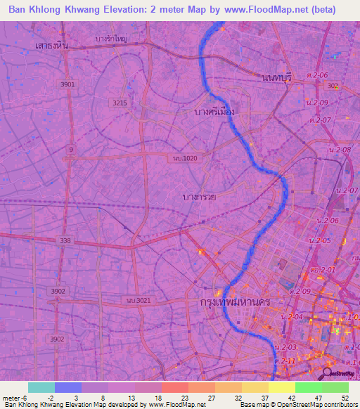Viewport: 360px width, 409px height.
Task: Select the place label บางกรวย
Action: (x=198, y=197)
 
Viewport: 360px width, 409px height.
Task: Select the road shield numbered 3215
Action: (x=120, y=103)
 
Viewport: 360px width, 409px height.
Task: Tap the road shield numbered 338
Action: (x=65, y=240)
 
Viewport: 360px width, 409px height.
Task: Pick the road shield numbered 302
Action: (x=333, y=85)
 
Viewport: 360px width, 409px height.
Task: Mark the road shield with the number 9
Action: (x=70, y=149)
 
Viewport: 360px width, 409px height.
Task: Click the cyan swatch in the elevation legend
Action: (x=41, y=387)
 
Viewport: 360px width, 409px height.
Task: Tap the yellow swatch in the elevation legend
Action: (x=282, y=387)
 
